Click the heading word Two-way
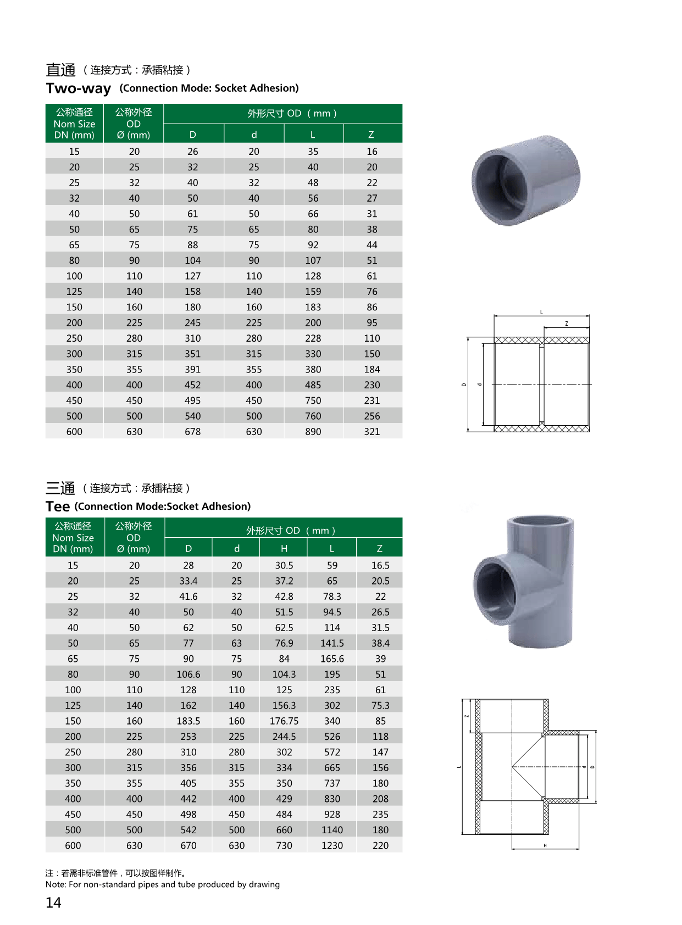click(78, 88)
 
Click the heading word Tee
click(57, 506)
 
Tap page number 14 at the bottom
click(53, 902)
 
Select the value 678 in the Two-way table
click(192, 432)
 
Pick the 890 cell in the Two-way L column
click(313, 432)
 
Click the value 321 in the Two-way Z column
click(372, 432)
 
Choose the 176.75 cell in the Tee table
click(284, 721)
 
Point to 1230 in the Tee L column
click(332, 845)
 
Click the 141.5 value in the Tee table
click(332, 643)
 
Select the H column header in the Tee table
click(284, 548)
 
